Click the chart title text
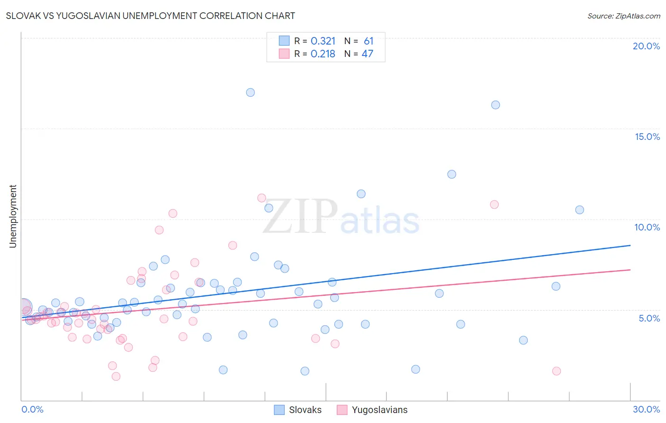[x=150, y=16]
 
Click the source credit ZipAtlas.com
[x=623, y=16]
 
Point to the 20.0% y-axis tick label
[x=646, y=46]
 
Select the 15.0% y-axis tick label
[x=647, y=137]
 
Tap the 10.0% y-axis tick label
[x=647, y=227]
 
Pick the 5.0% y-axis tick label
[x=649, y=318]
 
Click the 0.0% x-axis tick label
[x=32, y=409]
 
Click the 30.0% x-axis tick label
[x=646, y=409]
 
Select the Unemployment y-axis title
[x=13, y=216]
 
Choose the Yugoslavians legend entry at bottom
[x=372, y=410]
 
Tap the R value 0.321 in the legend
[x=323, y=41]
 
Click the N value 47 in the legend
[x=368, y=54]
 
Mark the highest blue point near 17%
[x=251, y=92]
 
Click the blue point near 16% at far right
[x=495, y=105]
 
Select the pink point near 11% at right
[x=495, y=204]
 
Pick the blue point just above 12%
[x=452, y=174]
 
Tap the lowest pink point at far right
[x=557, y=371]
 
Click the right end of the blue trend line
[x=630, y=245]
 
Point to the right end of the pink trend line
[x=630, y=270]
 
